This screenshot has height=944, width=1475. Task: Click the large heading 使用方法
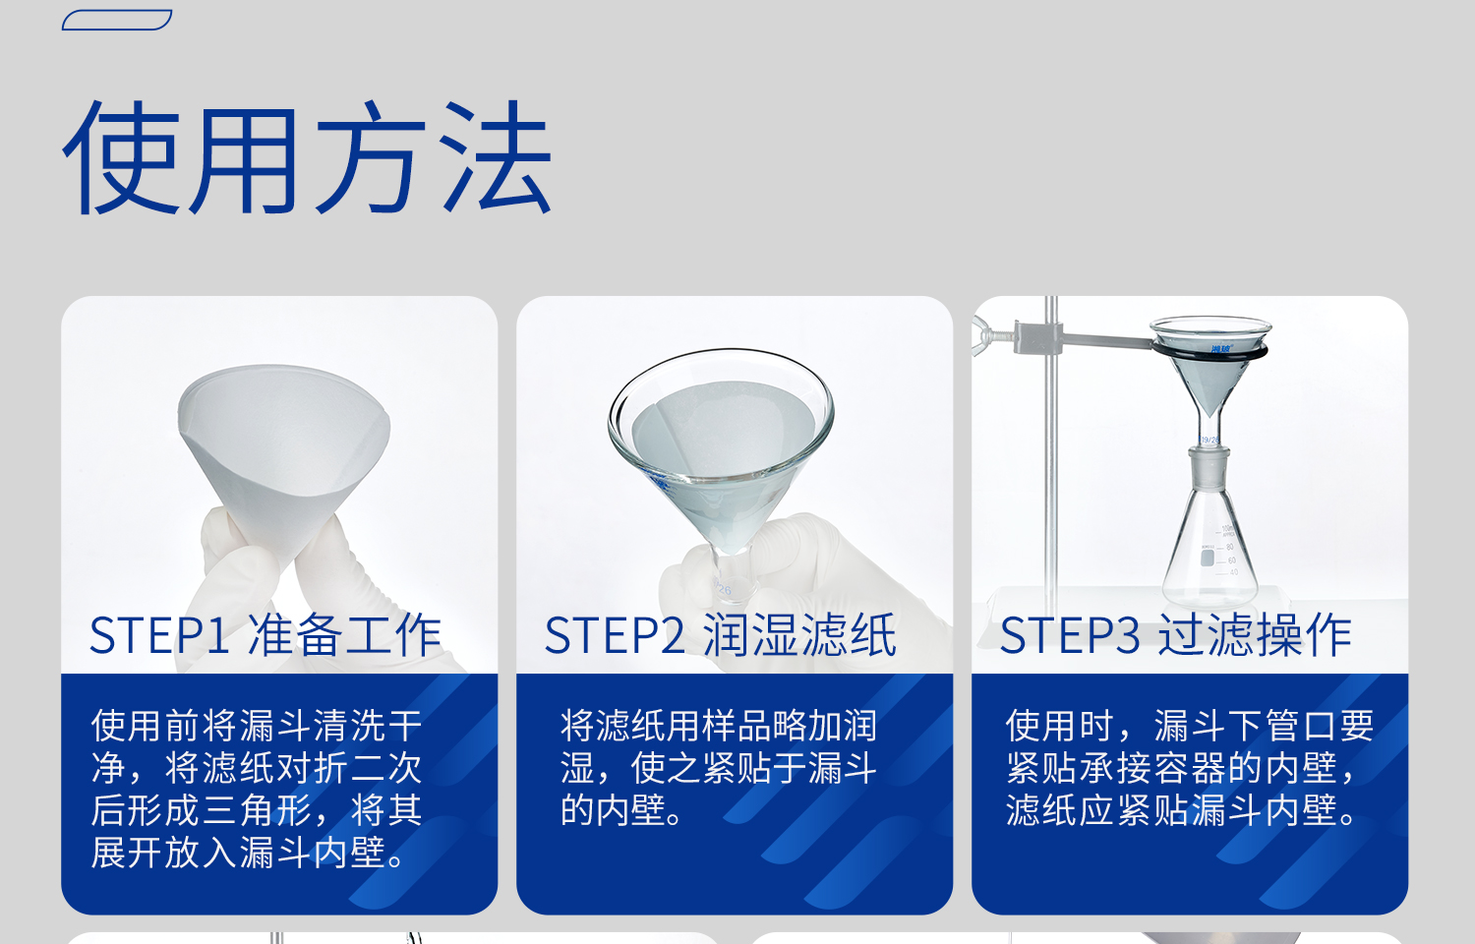click(x=307, y=157)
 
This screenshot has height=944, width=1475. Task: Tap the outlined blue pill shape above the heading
click(x=117, y=20)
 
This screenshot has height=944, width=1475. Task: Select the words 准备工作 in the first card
click(x=344, y=636)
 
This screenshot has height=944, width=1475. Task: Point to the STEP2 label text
click(x=615, y=636)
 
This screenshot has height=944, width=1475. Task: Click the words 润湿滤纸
click(x=799, y=636)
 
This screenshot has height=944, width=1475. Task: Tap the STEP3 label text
click(x=1070, y=636)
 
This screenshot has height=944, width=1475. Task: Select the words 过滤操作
click(x=1255, y=636)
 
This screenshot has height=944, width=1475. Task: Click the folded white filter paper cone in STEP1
click(x=285, y=442)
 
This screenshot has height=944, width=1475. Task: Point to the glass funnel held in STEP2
click(x=721, y=433)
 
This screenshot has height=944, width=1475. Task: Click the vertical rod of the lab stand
click(x=1051, y=472)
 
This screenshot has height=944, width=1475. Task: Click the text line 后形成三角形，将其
click(x=257, y=810)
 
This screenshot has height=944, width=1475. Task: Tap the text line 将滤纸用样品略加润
click(x=719, y=726)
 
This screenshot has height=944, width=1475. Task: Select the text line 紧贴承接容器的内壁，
click(x=1181, y=768)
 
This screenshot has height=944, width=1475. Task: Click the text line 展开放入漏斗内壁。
click(x=250, y=853)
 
